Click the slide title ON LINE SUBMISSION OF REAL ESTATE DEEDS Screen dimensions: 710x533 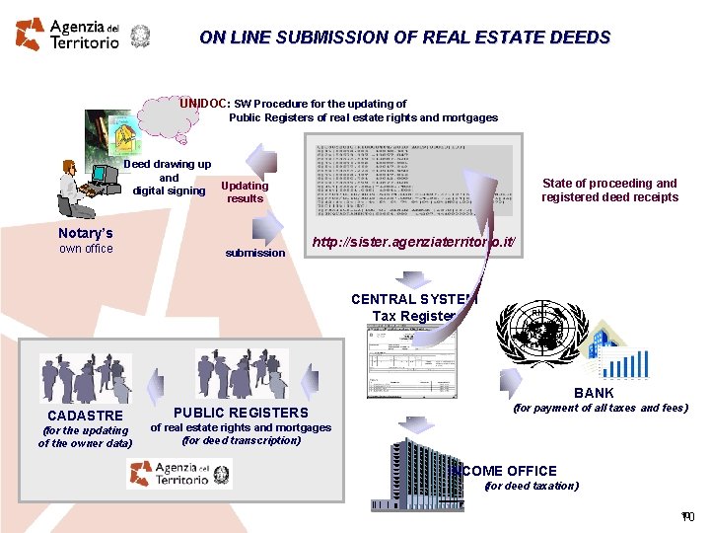404,38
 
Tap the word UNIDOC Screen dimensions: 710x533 203,103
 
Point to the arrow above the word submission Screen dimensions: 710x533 265,229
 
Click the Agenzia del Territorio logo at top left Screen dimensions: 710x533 67,34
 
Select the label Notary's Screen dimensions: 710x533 86,233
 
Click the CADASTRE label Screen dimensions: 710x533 85,416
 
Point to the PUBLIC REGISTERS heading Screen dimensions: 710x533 241,413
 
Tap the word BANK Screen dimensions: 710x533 594,393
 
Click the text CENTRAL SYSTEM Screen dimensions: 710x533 414,299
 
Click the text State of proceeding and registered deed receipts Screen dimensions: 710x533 609,190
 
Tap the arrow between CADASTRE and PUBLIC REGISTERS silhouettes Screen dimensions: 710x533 155,379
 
